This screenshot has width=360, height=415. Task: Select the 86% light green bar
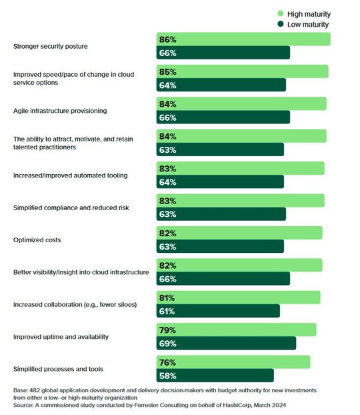243,39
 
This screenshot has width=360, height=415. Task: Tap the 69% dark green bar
226,343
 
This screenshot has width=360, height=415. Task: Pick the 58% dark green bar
215,376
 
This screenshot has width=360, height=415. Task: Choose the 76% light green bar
233,362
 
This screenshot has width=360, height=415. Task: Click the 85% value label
167,71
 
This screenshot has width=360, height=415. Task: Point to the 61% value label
167,311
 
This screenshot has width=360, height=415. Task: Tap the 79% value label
167,330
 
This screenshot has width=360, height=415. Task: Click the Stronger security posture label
51,46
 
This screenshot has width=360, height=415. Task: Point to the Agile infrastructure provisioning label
60,111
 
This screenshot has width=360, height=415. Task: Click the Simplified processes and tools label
58,369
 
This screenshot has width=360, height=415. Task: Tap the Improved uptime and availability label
61,336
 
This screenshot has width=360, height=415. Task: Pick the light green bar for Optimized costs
239,233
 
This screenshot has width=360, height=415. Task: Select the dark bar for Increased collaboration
218,311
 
